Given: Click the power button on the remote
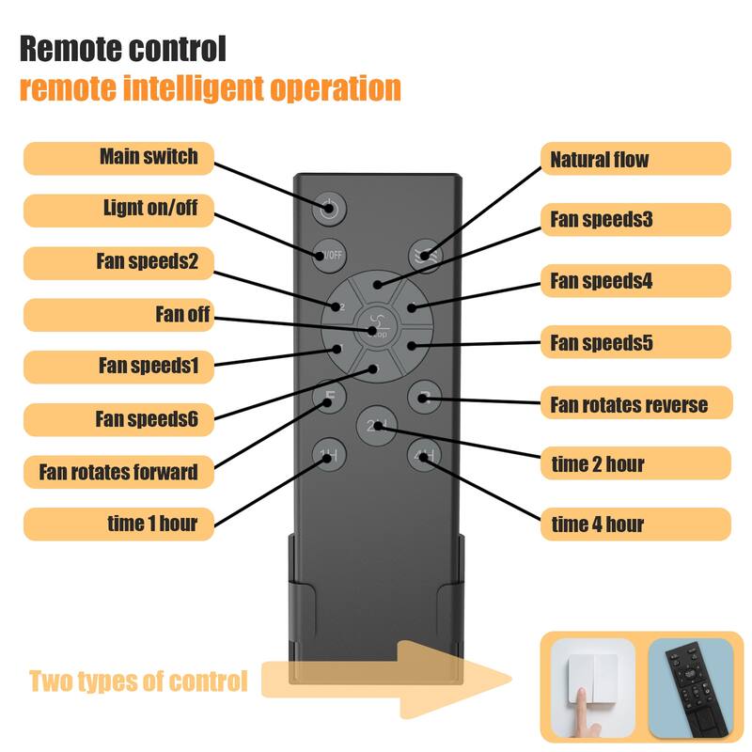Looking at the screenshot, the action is pos(329,209).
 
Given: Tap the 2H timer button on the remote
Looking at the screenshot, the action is pos(377,426).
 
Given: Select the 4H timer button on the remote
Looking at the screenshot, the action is pos(425,456).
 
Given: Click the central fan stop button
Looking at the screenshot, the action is pos(377,326).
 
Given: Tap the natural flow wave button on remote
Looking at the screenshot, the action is pos(425,256).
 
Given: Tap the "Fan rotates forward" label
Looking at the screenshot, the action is pos(118,472).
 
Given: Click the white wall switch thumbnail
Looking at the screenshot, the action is pos(593,687).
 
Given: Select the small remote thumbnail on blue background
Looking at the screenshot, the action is pos(691,687).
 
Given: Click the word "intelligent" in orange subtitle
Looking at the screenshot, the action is pos(194,88).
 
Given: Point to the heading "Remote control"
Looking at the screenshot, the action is pos(123,49).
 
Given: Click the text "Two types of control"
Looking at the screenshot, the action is pos(138,681).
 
